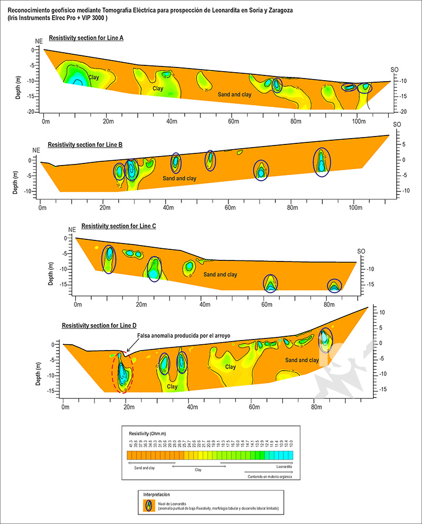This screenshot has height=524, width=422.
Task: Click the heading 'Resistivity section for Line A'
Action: (x=87, y=38)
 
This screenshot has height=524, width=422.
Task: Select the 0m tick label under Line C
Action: (x=77, y=304)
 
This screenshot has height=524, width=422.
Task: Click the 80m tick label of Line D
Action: (x=314, y=407)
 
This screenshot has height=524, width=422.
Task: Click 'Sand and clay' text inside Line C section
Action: (x=220, y=275)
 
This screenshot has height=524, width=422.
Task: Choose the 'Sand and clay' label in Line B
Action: (x=180, y=179)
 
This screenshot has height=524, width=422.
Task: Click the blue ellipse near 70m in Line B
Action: (x=261, y=170)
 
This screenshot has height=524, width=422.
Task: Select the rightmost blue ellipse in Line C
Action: (x=334, y=286)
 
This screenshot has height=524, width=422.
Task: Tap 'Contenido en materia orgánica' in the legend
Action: (x=270, y=477)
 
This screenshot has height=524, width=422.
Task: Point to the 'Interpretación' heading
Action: (x=157, y=494)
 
